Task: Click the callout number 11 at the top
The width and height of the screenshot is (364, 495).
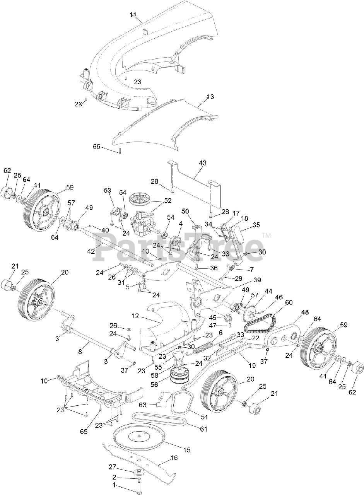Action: coord(133,14)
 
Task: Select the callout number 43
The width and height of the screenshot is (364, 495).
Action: coord(202,164)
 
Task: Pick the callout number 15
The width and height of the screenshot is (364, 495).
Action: coord(187,450)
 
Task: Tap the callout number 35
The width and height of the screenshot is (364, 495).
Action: coord(256,224)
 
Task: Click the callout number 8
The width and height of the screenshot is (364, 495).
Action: coord(80,352)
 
